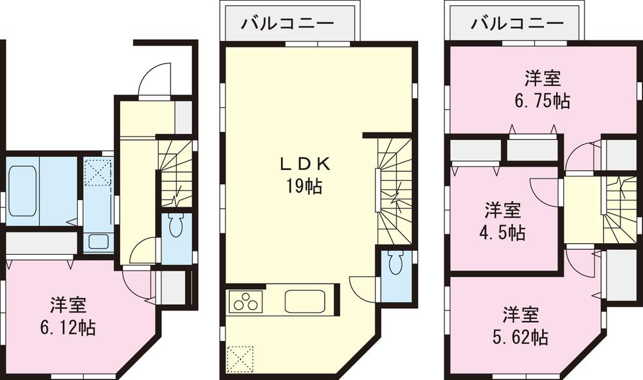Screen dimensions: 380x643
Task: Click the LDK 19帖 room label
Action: [x=305, y=175]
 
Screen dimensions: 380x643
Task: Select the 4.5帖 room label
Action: [x=503, y=221]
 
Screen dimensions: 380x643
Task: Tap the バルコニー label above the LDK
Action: [x=288, y=24]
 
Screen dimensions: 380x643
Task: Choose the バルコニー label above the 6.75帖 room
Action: [x=517, y=24]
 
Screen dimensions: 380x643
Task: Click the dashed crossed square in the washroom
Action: [x=99, y=172]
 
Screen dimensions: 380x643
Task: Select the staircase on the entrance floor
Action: [x=174, y=173]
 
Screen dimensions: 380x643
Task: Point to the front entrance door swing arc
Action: [x=154, y=77]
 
